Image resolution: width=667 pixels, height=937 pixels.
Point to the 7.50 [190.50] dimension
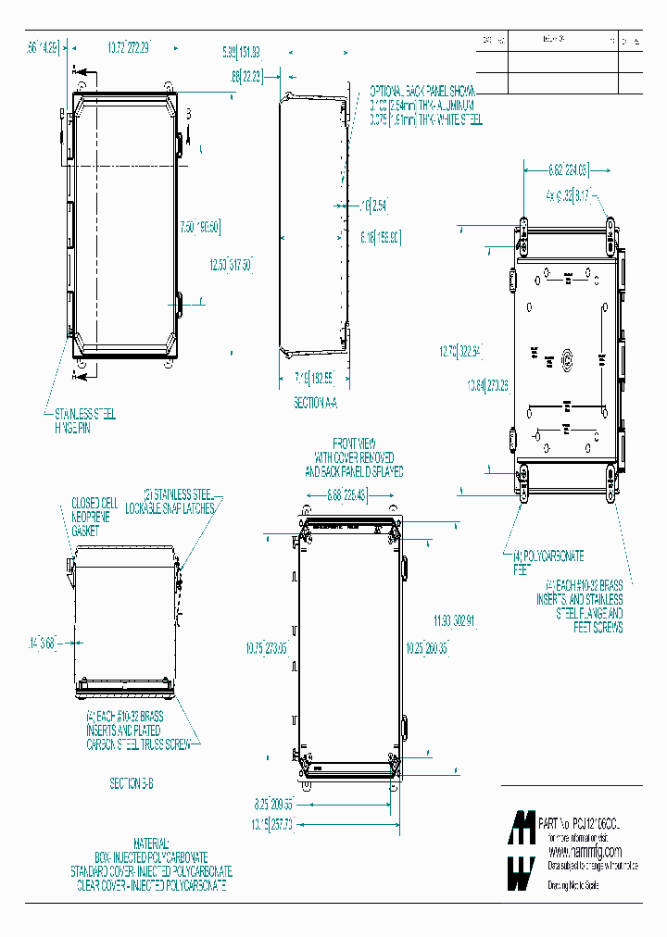(200, 227)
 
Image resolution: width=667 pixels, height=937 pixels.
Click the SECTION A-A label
(316, 403)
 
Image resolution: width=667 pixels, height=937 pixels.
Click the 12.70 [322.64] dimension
(461, 351)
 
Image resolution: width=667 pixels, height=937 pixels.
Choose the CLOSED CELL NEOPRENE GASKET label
(91, 517)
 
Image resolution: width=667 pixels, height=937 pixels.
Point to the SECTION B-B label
(132, 783)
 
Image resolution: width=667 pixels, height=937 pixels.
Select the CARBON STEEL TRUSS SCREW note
(143, 743)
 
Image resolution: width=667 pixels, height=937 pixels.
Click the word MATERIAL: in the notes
(150, 844)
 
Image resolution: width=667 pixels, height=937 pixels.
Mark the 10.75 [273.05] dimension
(265, 648)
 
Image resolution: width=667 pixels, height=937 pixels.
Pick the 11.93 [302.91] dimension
(455, 619)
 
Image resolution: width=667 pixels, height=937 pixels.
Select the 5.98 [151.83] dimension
(242, 51)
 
